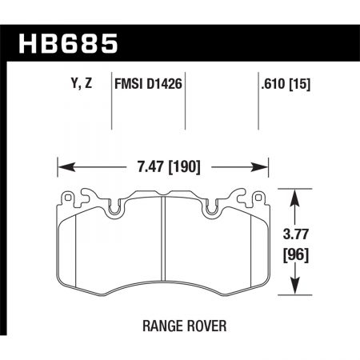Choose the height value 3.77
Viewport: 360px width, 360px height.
(298, 236)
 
